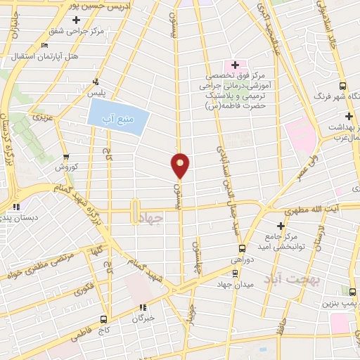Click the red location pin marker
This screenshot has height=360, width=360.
[181, 165]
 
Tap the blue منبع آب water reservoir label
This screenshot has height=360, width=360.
[117, 116]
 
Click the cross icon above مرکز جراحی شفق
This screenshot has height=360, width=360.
[77, 20]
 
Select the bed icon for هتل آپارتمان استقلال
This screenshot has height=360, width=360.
[44, 44]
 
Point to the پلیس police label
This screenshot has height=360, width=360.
[96, 93]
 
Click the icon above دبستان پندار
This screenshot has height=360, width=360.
[15, 206]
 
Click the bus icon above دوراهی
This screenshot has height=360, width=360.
[243, 247]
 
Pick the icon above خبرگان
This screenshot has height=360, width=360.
[143, 307]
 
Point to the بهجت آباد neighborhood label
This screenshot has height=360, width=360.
[291, 280]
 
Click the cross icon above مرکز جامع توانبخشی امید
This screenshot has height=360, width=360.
[281, 226]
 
